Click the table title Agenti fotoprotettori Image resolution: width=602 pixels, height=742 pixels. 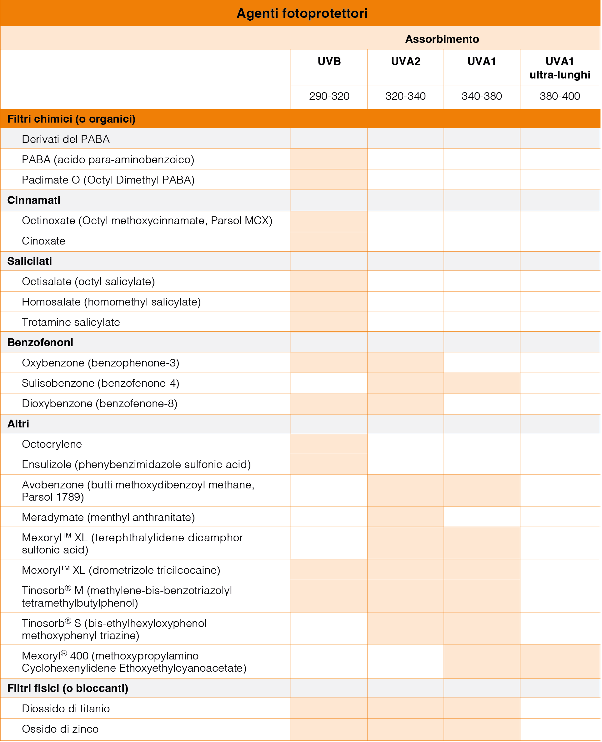click(x=302, y=13)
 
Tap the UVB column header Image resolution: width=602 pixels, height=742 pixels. click(x=329, y=61)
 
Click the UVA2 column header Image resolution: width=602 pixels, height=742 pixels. click(x=405, y=61)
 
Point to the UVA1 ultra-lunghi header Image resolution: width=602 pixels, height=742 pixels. click(x=559, y=68)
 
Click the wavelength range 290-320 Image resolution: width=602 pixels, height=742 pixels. click(x=329, y=96)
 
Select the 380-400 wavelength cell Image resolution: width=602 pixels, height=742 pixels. click(x=559, y=96)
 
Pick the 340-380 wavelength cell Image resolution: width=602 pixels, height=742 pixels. click(x=481, y=96)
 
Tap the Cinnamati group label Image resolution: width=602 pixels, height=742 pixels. click(x=34, y=200)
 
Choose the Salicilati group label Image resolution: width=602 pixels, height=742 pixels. click(x=29, y=261)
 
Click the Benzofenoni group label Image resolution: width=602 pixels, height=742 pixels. click(x=40, y=342)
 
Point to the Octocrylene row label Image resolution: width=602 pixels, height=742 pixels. click(x=52, y=444)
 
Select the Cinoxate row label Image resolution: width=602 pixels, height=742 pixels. click(x=44, y=241)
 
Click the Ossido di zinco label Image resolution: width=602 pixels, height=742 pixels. click(x=60, y=729)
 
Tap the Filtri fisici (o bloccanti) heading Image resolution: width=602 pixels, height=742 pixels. click(x=68, y=688)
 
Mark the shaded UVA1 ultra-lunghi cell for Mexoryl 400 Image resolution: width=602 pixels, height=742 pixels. click(x=560, y=662)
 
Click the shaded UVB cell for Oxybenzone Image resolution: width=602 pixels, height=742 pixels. click(x=329, y=363)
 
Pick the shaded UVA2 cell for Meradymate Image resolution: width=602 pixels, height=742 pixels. click(x=405, y=517)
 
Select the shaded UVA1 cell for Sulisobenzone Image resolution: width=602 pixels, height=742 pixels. click(x=482, y=383)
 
